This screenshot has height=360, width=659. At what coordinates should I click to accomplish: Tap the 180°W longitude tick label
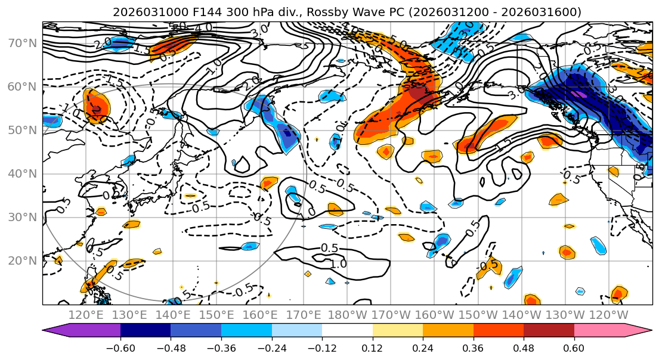pyautogui.click(x=347, y=315)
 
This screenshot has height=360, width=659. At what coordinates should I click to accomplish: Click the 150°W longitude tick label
pyautogui.click(x=478, y=315)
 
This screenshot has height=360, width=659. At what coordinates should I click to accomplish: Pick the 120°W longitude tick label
pyautogui.click(x=608, y=315)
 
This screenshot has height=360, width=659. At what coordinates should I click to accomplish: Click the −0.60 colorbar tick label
pyautogui.click(x=120, y=347)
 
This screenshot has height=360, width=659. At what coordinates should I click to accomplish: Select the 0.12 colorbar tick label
pyautogui.click(x=372, y=347)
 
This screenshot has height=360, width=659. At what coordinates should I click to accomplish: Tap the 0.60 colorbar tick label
pyautogui.click(x=574, y=347)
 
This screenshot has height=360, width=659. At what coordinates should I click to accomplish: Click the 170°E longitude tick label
pyautogui.click(x=304, y=315)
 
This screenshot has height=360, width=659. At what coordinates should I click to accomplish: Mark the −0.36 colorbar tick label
pyautogui.click(x=221, y=347)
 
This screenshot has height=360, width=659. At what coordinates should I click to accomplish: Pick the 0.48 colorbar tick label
pyautogui.click(x=524, y=347)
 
